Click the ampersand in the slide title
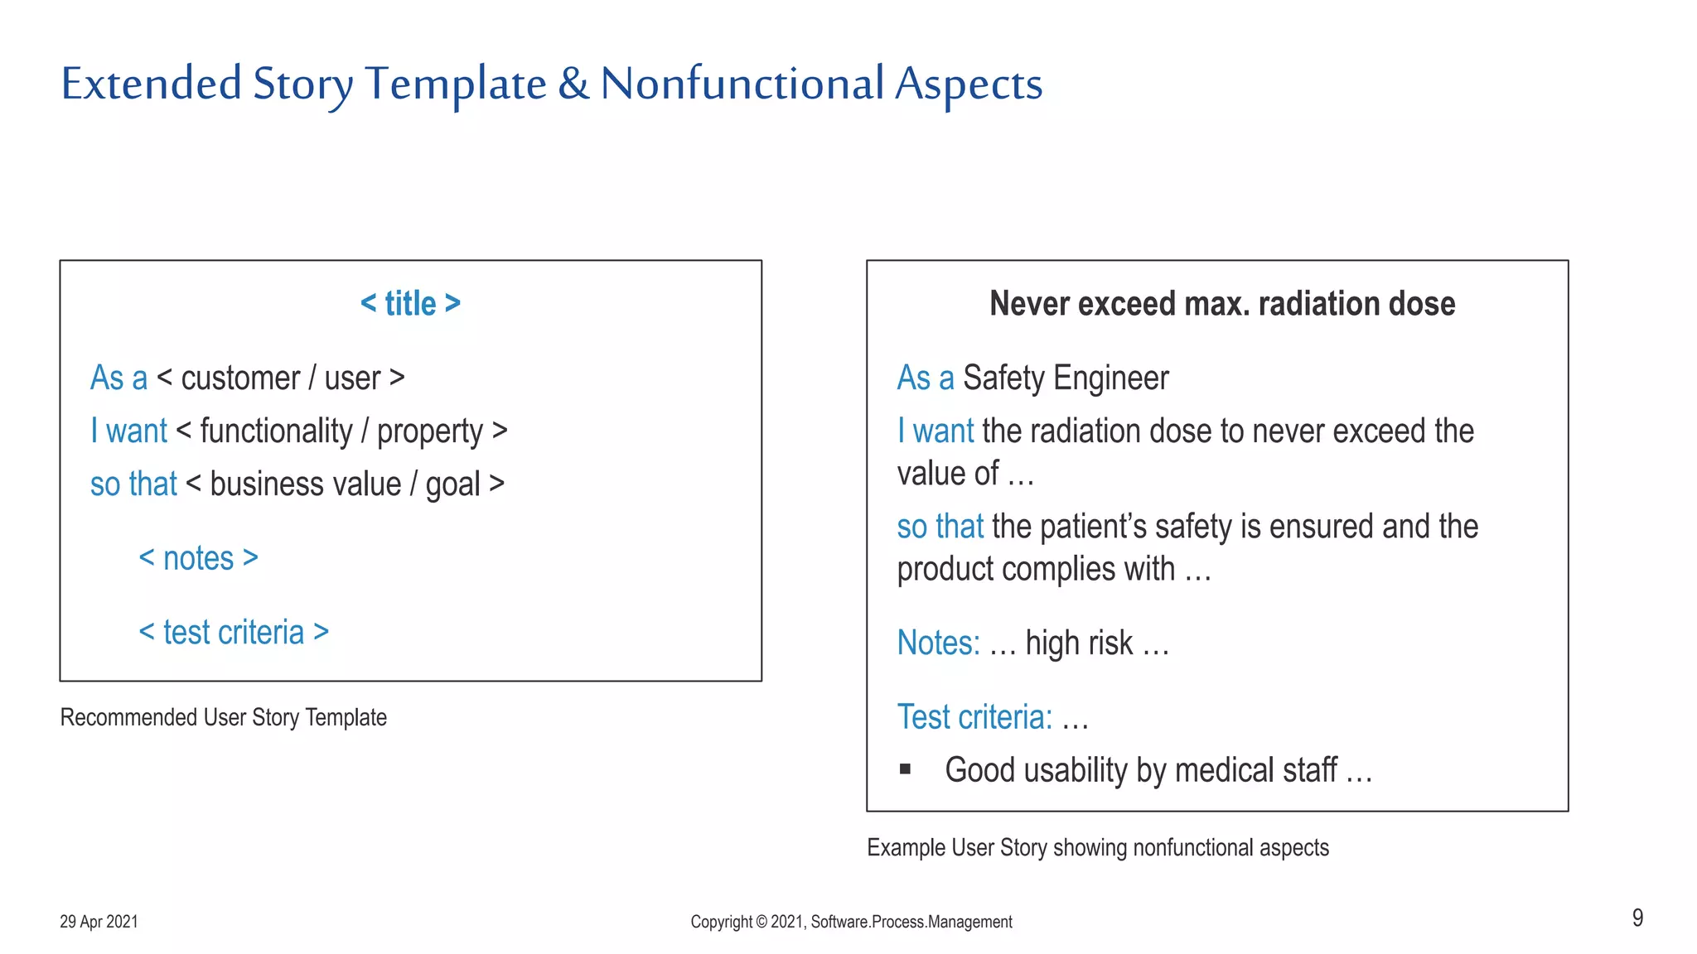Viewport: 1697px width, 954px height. click(573, 84)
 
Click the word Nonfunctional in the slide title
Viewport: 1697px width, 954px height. click(742, 84)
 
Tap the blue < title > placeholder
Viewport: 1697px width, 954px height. click(410, 304)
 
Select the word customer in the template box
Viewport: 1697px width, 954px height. click(240, 378)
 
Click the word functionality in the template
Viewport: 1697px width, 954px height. click(276, 431)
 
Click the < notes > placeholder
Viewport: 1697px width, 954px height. click(199, 559)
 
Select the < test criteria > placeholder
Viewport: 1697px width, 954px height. click(234, 633)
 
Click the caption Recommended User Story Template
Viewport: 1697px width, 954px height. click(223, 717)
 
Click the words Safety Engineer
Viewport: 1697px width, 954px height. click(1066, 378)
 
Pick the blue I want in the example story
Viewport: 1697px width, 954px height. click(936, 431)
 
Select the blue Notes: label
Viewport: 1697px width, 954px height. click(938, 643)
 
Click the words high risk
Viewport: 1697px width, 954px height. click(1078, 643)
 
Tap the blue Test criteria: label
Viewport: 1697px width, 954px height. click(974, 717)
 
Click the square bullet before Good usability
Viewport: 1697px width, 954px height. click(905, 770)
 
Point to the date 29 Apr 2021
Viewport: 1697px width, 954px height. click(99, 922)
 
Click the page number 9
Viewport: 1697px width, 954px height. click(1637, 918)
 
